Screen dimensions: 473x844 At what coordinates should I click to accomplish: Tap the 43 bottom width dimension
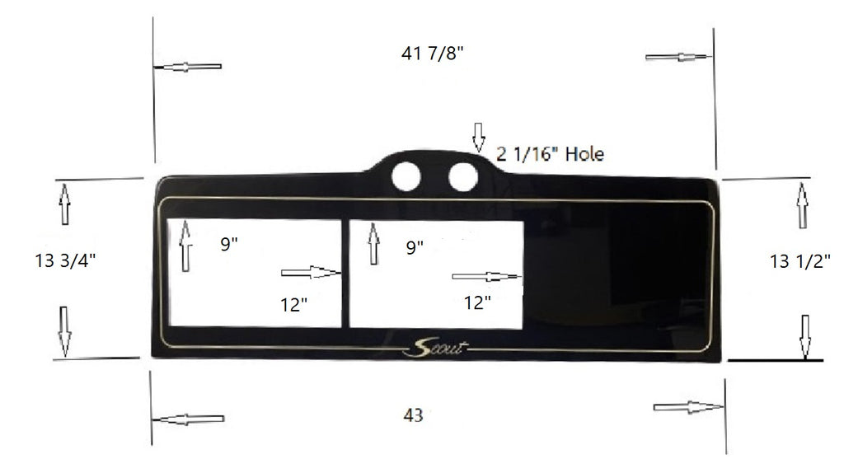pyautogui.click(x=414, y=416)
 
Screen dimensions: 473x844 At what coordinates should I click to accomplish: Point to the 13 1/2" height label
pyautogui.click(x=799, y=262)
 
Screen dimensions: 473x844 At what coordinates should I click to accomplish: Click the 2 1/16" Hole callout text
pyautogui.click(x=551, y=154)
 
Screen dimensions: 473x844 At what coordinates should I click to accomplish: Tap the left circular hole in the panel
pyautogui.click(x=406, y=176)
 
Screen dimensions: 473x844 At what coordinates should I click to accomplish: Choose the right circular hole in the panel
pyautogui.click(x=462, y=176)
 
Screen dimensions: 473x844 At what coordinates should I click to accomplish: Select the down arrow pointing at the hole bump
pyautogui.click(x=478, y=137)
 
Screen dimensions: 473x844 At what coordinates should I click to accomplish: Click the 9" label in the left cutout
pyautogui.click(x=229, y=245)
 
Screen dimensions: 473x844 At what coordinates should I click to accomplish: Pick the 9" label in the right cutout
pyautogui.click(x=415, y=246)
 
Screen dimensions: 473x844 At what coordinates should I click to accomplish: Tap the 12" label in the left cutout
pyautogui.click(x=293, y=305)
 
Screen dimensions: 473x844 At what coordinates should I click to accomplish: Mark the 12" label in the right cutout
pyautogui.click(x=477, y=302)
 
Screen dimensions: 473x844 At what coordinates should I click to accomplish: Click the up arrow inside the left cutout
pyautogui.click(x=185, y=245)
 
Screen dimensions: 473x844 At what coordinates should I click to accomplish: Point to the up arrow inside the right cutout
pyautogui.click(x=373, y=245)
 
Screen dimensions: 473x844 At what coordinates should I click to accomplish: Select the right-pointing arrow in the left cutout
pyautogui.click(x=311, y=272)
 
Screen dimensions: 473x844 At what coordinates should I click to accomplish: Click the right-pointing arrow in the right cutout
pyautogui.click(x=486, y=277)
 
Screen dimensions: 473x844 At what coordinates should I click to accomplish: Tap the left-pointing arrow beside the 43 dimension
pyautogui.click(x=189, y=419)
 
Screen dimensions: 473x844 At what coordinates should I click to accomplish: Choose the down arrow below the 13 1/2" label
pyautogui.click(x=805, y=335)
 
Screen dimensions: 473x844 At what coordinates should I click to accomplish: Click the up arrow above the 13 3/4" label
pyautogui.click(x=64, y=204)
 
